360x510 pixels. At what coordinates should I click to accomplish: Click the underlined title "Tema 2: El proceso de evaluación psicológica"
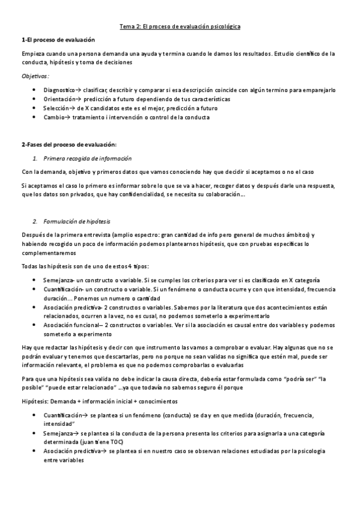coord(180,27)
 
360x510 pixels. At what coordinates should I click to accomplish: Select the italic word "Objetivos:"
coord(35,76)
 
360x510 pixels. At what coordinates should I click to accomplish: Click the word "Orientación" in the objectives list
coord(59,99)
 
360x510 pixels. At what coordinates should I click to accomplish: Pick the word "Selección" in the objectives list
coord(57,108)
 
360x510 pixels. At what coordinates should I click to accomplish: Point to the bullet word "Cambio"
coord(53,117)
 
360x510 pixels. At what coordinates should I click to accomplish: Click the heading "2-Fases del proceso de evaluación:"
coord(69,145)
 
